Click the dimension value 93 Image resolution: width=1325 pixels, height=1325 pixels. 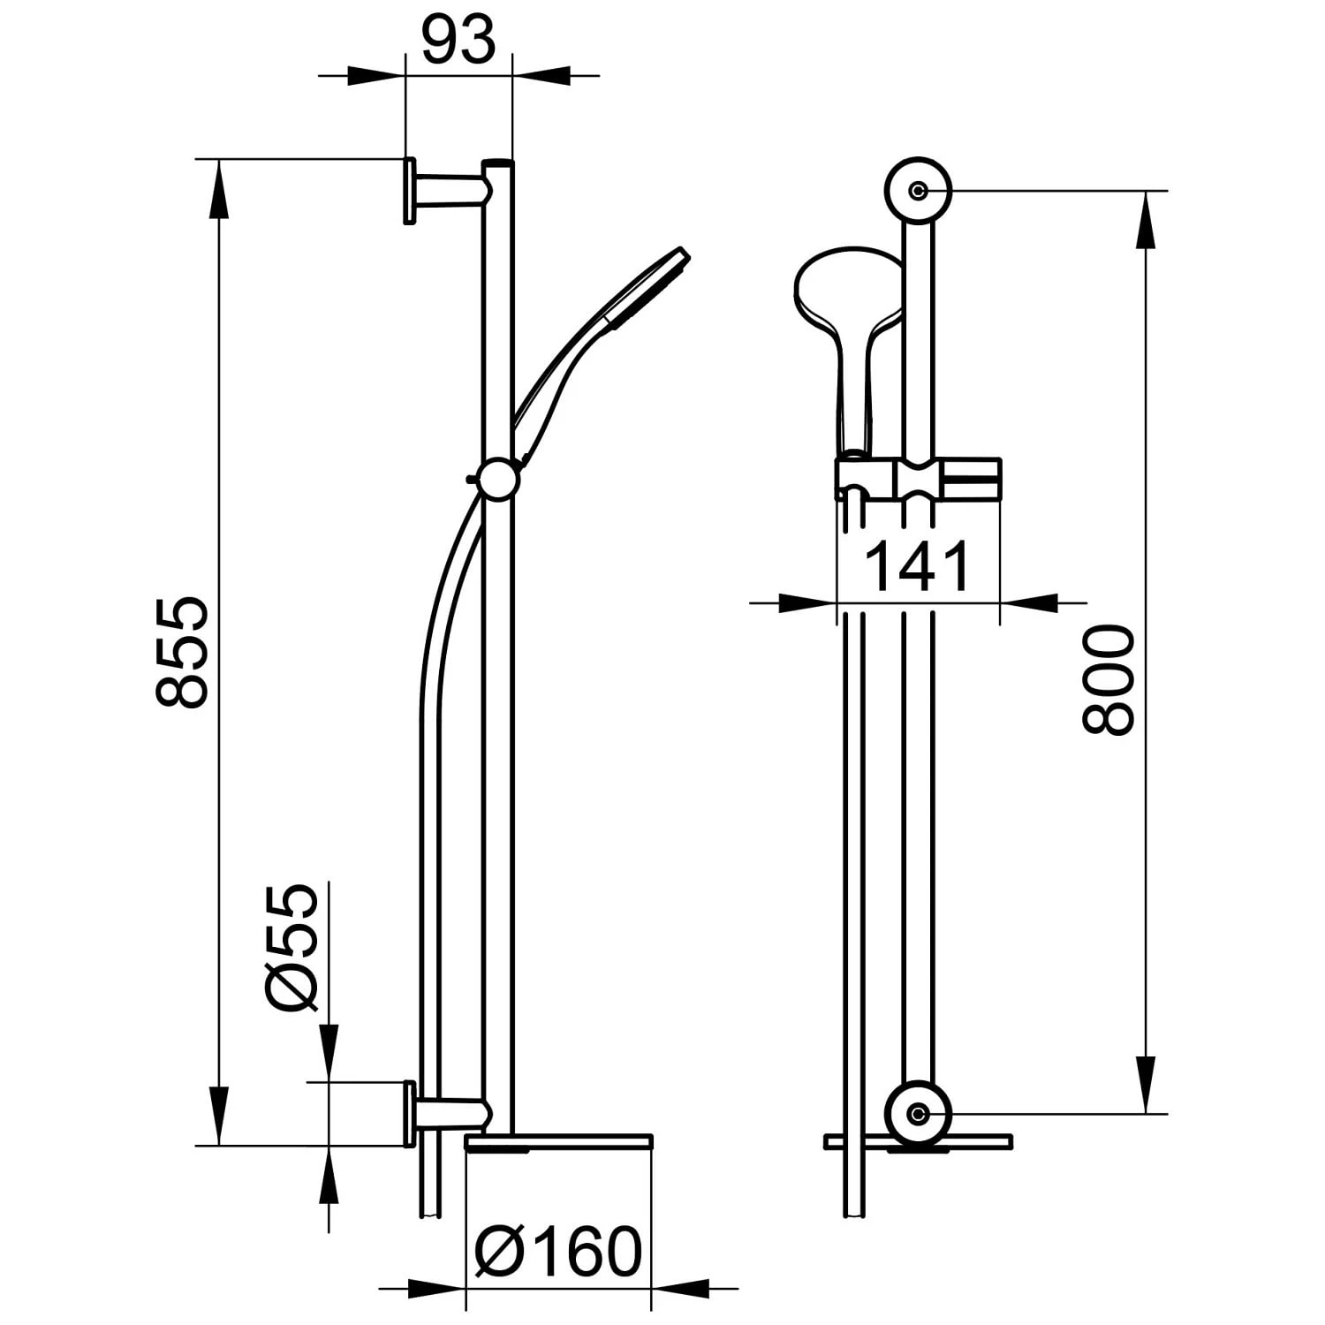458,41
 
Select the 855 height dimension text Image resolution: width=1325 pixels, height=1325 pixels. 182,652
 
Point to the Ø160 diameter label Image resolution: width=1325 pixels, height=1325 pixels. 556,1252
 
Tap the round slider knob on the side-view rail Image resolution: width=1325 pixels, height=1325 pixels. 497,480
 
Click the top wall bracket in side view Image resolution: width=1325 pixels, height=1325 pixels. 442,190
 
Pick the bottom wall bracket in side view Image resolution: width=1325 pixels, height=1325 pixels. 442,1112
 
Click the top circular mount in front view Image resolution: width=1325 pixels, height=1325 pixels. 919,190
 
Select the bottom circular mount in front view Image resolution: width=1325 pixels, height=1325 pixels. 919,1114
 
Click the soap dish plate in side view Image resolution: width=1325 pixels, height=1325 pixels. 558,1144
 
